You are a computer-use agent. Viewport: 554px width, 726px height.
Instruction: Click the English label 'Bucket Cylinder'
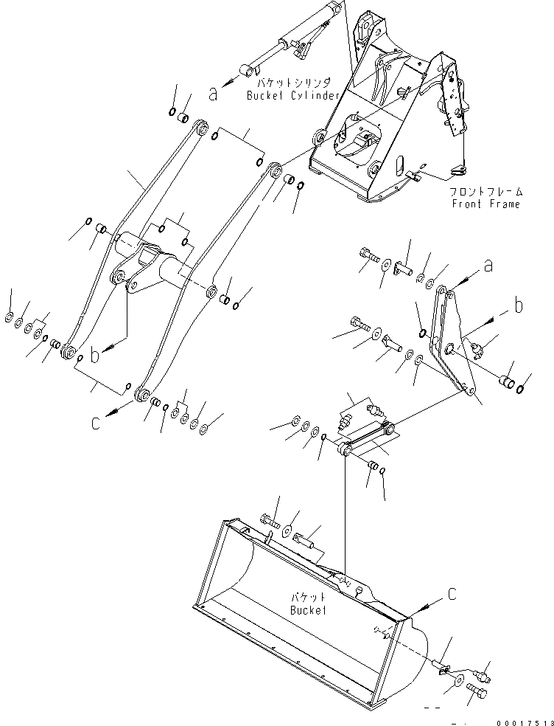(x=293, y=96)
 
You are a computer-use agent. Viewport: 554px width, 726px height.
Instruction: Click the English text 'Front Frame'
(x=485, y=204)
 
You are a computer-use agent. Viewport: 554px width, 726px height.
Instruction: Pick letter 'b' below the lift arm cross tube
(x=94, y=355)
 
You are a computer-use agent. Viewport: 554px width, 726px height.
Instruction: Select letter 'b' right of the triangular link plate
(x=519, y=306)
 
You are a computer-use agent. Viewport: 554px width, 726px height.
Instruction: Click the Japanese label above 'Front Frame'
(x=485, y=192)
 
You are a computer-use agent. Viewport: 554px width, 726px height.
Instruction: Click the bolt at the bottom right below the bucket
(x=477, y=694)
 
